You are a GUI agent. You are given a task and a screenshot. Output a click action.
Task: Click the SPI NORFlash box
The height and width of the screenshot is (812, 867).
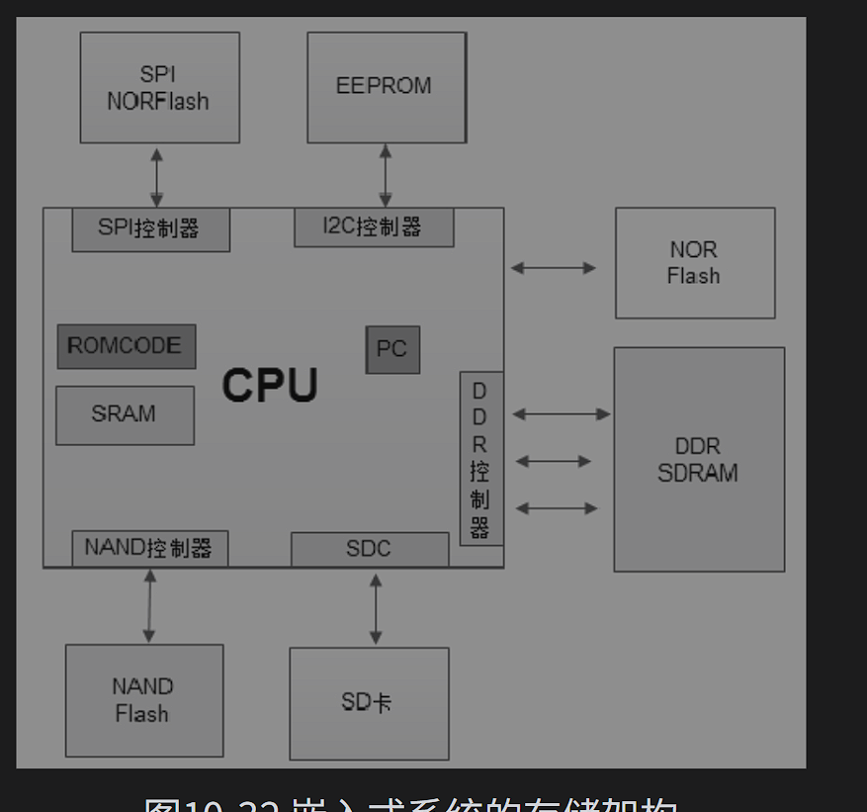click(159, 87)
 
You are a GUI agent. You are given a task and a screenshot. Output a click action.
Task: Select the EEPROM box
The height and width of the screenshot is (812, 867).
click(386, 87)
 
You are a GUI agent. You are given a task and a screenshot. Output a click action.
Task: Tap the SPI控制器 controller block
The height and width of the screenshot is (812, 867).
click(150, 229)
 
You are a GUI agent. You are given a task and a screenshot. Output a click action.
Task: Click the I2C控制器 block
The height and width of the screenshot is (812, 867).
click(374, 227)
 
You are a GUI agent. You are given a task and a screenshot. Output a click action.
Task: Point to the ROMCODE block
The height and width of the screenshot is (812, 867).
click(126, 346)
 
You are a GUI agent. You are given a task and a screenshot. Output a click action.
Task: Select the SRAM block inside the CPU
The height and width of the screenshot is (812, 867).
click(125, 414)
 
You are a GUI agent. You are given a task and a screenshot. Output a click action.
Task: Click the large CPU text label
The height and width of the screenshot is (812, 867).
click(269, 386)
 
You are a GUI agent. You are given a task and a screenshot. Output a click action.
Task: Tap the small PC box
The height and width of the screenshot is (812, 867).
click(392, 349)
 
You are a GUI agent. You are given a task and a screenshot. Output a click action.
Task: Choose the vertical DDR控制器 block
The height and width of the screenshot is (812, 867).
click(480, 459)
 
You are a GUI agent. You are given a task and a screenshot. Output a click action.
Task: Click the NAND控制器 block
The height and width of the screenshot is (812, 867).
click(149, 549)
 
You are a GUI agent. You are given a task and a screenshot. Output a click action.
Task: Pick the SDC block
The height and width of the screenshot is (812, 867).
click(369, 549)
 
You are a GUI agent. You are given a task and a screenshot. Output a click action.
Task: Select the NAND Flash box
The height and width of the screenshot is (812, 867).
click(143, 700)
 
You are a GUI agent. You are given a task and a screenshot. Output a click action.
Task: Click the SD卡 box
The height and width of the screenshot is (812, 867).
click(368, 703)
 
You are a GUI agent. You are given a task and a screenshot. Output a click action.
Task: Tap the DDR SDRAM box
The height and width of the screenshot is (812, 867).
click(698, 460)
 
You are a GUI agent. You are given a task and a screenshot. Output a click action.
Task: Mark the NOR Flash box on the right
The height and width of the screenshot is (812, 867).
click(694, 263)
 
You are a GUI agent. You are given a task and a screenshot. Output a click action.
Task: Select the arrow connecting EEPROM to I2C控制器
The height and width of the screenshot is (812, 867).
click(386, 175)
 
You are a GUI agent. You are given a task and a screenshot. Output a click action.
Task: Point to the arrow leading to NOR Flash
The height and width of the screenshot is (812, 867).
click(554, 267)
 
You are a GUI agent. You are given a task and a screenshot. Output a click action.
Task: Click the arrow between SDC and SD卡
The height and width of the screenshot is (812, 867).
click(376, 608)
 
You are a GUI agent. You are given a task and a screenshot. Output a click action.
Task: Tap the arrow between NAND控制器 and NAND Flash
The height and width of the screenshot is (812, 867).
click(149, 605)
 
